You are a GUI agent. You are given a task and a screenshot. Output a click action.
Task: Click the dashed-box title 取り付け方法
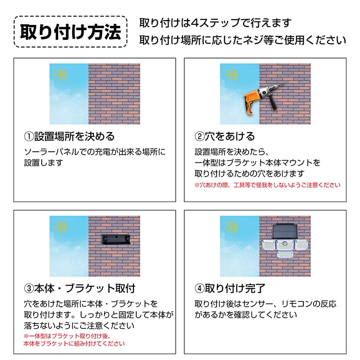pyautogui.click(x=71, y=32)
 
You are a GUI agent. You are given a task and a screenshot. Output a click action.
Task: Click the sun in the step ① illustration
pyautogui.click(x=61, y=74)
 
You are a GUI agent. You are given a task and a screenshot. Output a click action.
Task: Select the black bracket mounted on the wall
pyautogui.click(x=116, y=239)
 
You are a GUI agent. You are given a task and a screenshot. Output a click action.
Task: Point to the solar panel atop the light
pyautogui.click(x=285, y=231)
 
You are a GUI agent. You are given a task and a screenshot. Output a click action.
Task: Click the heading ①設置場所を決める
pyautogui.click(x=69, y=136)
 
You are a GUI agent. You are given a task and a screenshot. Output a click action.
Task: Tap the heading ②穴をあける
pyautogui.click(x=225, y=136)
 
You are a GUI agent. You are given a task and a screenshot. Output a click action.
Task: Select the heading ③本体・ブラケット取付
pyautogui.click(x=80, y=288)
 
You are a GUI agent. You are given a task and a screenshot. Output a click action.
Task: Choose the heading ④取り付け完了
pyautogui.click(x=230, y=288)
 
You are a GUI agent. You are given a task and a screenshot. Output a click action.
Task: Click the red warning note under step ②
pyautogui.click(x=267, y=185)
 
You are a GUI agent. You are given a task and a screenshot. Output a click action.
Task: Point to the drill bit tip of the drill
pyautogui.click(x=285, y=84)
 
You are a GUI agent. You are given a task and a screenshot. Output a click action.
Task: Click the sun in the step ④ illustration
pyautogui.click(x=232, y=227)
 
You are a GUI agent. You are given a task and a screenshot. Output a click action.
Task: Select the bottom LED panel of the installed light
pyautogui.click(x=285, y=254)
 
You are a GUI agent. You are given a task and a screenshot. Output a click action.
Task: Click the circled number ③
pyautogui.click(x=29, y=288)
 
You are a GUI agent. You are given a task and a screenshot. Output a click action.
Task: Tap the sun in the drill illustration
pyautogui.click(x=232, y=74)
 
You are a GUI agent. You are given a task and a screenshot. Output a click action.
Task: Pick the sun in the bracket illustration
pyautogui.click(x=61, y=227)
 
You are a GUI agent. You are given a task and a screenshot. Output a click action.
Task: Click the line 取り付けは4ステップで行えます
pyautogui.click(x=216, y=23)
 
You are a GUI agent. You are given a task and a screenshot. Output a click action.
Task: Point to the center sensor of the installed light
pyautogui.click(x=285, y=243)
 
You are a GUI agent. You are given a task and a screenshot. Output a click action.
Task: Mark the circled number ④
pyautogui.click(x=200, y=288)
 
